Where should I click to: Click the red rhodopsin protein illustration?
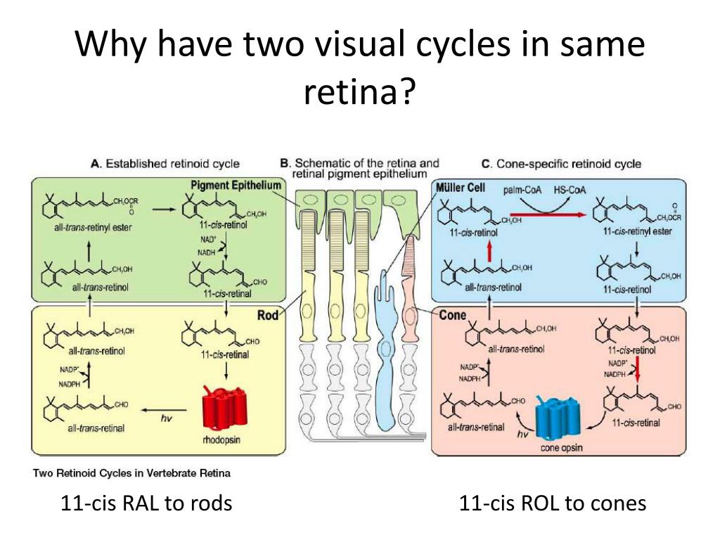click(x=226, y=407)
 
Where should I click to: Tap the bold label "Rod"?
click(x=268, y=315)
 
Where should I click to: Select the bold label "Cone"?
click(x=452, y=315)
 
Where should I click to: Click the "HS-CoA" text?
click(x=570, y=189)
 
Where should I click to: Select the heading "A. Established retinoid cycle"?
click(x=165, y=164)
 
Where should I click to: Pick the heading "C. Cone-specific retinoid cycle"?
click(x=561, y=164)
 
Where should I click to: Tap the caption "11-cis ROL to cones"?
click(x=552, y=503)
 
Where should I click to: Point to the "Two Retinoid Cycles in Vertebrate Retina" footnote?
click(x=131, y=472)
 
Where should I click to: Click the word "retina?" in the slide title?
click(x=359, y=91)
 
